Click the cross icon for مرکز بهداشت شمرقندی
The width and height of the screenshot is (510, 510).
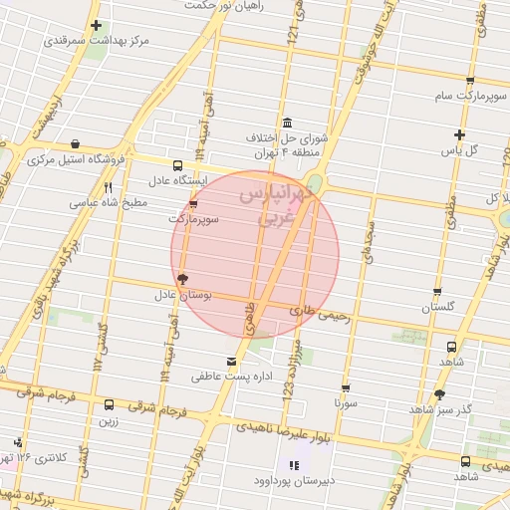tap(96, 26)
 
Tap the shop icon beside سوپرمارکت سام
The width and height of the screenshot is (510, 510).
tap(470, 81)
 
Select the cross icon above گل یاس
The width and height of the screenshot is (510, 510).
tap(459, 134)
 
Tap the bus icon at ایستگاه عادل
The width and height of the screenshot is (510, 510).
tap(178, 165)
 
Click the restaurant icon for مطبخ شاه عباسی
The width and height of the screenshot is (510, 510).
tap(108, 187)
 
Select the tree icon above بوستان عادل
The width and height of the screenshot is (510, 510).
tap(180, 280)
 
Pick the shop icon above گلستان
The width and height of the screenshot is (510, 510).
tap(437, 293)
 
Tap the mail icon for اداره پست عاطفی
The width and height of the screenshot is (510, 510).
tap(232, 361)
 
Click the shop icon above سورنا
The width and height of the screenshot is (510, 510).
tap(346, 388)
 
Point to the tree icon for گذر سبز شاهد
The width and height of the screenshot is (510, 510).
tap(439, 394)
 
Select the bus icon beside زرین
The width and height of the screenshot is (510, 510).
tap(110, 404)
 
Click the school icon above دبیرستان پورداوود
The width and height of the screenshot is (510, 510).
tap(293, 464)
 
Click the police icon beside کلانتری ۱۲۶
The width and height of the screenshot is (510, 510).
tap(16, 442)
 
